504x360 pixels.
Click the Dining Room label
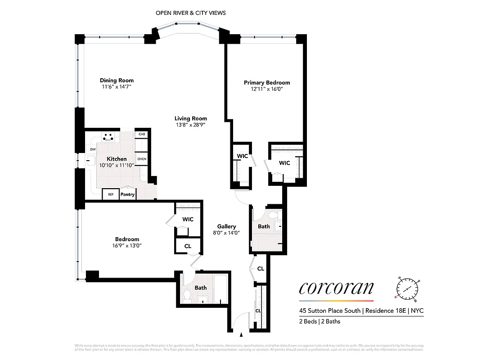click(x=117, y=81)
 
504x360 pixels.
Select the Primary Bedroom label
click(x=267, y=82)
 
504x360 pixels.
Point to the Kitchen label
click(x=117, y=159)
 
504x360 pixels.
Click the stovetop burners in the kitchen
click(x=108, y=136)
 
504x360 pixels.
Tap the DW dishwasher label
click(x=93, y=149)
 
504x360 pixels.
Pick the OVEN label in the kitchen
click(x=142, y=159)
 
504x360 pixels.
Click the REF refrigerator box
click(x=110, y=194)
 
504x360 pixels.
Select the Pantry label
click(x=127, y=194)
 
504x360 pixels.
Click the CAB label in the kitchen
click(x=142, y=134)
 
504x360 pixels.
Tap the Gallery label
click(x=226, y=226)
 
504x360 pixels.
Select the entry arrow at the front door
click(x=242, y=335)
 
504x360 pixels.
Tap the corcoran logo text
click(x=336, y=288)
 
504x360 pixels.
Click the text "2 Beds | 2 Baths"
click(x=320, y=321)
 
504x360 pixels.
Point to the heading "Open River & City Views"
click(x=191, y=13)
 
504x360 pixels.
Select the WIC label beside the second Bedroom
click(x=188, y=219)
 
